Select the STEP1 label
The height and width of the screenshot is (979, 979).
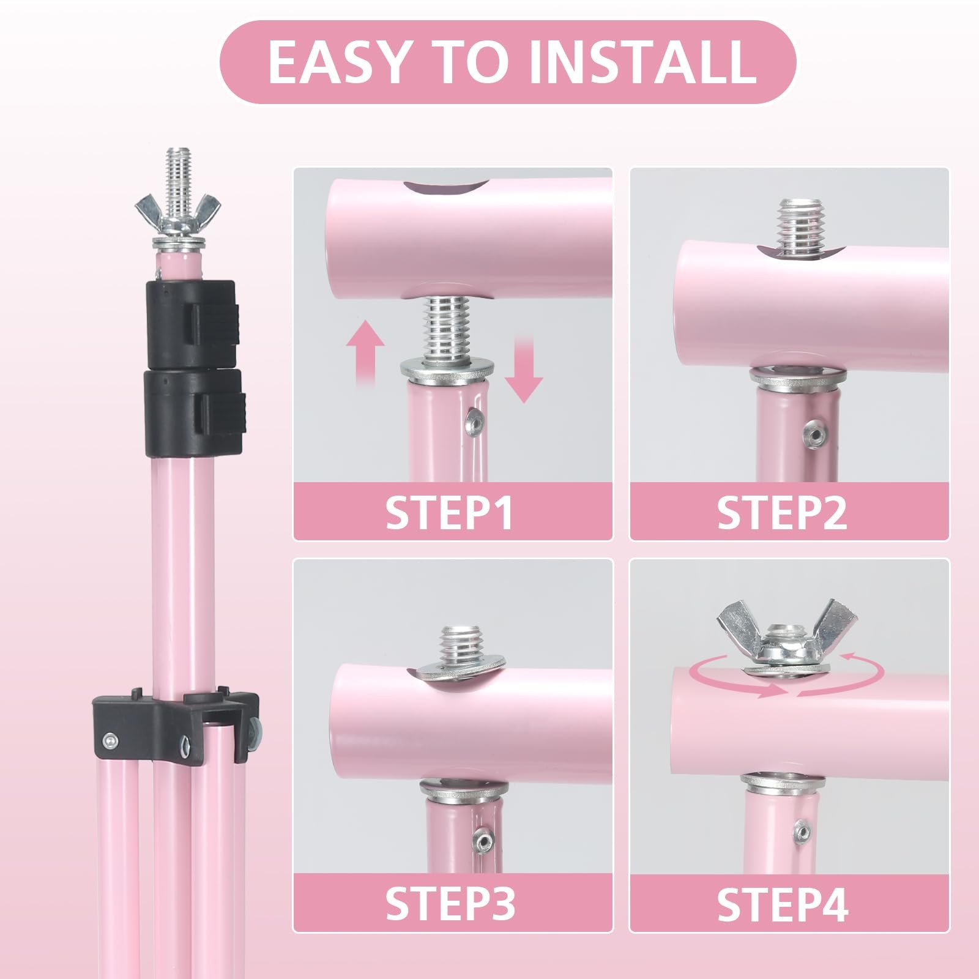[450, 512]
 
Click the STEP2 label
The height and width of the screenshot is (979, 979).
[782, 512]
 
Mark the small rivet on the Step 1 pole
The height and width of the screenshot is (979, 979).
[474, 419]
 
